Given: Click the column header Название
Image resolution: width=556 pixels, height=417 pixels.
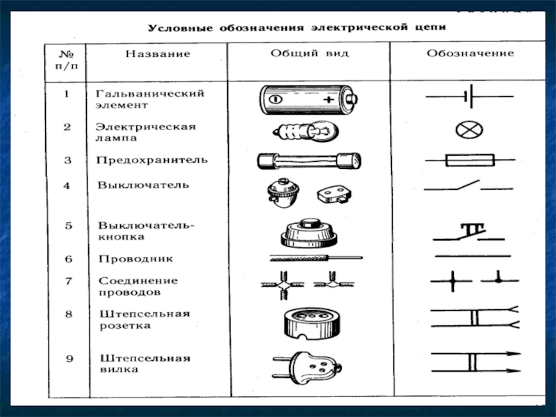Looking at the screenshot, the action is click(158, 54).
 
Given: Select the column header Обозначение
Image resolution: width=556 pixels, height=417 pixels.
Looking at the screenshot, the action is click(471, 54).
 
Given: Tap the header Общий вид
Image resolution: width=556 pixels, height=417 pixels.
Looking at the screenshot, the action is click(309, 54).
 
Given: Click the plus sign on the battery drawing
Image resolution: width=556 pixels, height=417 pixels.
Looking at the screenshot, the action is click(329, 99).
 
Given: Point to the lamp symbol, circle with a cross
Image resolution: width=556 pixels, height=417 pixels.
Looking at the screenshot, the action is click(469, 130).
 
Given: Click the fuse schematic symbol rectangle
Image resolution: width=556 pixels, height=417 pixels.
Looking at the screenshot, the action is click(470, 160).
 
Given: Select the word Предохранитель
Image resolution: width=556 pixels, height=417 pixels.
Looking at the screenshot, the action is click(152, 160).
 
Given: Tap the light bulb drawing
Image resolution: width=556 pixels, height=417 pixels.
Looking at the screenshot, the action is click(306, 132).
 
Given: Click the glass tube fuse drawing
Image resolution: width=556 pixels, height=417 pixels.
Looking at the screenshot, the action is click(309, 161).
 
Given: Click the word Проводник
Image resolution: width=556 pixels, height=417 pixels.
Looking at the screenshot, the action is click(136, 259).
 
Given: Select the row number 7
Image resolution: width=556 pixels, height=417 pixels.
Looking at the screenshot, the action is click(68, 281).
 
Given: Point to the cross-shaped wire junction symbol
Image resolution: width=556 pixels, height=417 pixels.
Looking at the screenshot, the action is click(452, 281).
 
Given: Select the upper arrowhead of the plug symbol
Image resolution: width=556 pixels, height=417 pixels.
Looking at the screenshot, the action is click(513, 354).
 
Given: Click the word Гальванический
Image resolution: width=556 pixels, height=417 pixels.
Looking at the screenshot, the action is click(150, 94).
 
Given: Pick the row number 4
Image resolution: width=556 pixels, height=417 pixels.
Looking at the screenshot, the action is click(67, 186).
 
